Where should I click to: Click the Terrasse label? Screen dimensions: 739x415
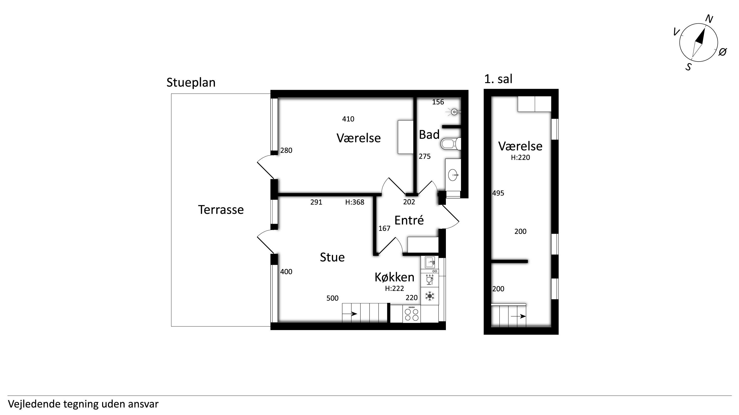click(x=221, y=210)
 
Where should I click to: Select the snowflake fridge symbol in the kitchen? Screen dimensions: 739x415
click(x=429, y=296)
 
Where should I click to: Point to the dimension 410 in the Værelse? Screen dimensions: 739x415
click(x=348, y=119)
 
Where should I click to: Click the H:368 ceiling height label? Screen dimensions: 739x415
click(x=354, y=202)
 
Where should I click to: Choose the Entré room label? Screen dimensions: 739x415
click(x=409, y=220)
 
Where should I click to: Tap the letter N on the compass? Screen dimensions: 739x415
click(x=709, y=19)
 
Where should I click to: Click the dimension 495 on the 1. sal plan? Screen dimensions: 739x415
click(x=498, y=193)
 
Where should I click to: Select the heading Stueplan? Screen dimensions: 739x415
click(x=191, y=82)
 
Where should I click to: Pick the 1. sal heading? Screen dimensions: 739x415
click(x=498, y=79)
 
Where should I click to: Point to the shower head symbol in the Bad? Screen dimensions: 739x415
click(x=453, y=112)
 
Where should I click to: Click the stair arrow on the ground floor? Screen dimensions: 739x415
click(x=350, y=314)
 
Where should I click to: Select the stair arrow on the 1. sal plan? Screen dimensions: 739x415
click(x=518, y=316)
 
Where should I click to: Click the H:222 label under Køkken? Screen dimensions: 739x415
click(x=394, y=288)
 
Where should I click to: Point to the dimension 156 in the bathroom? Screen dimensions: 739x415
click(x=438, y=102)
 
